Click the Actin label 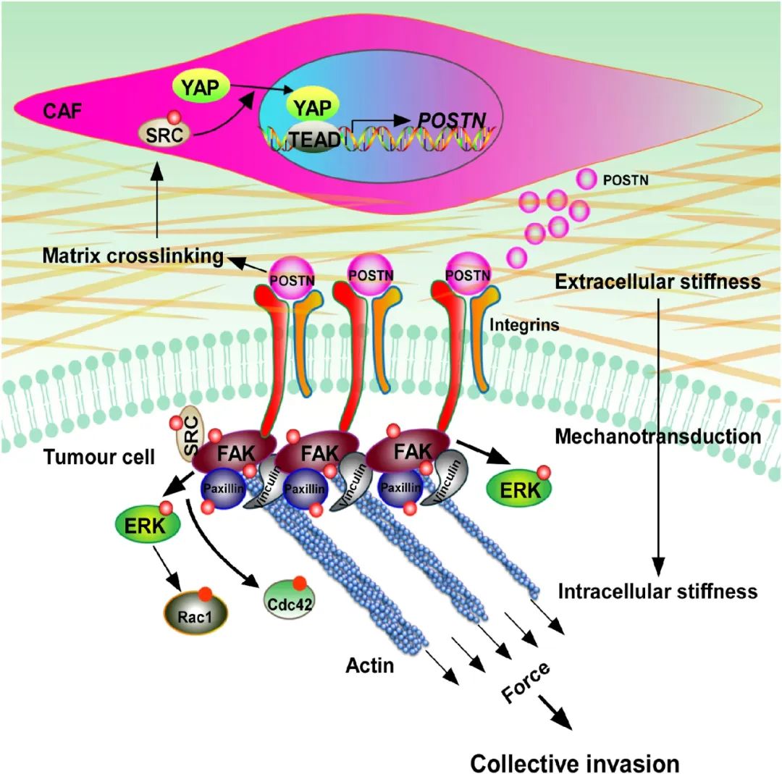point(369,665)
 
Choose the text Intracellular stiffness point(657,592)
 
